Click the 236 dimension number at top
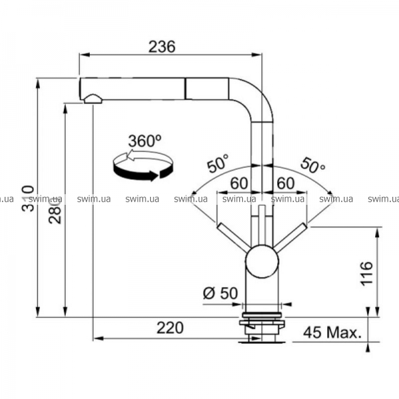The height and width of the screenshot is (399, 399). (162, 47)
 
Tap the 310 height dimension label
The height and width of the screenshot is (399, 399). (28, 199)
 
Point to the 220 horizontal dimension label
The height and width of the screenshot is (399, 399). (170, 328)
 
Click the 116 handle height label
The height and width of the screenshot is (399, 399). (366, 273)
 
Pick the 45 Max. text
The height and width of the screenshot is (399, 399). (332, 332)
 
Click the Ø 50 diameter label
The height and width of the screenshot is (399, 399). (220, 293)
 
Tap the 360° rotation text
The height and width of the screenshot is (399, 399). (145, 141)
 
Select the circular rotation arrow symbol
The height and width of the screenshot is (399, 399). (143, 166)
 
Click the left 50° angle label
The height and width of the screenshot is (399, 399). (218, 163)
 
